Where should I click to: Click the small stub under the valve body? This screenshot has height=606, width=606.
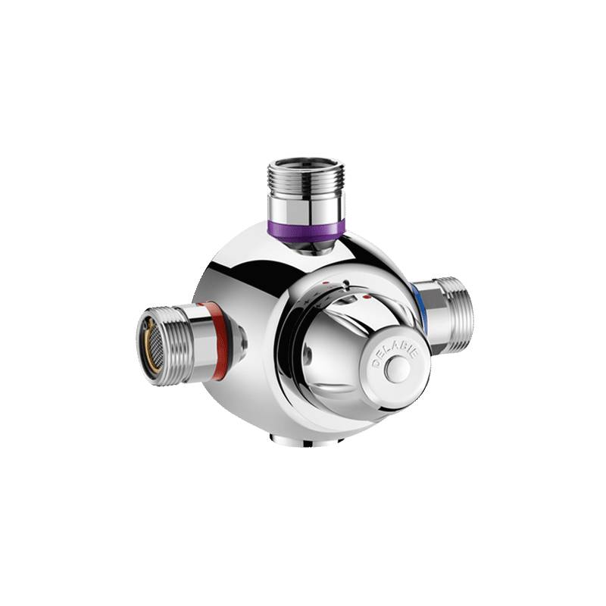click(x=291, y=440)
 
